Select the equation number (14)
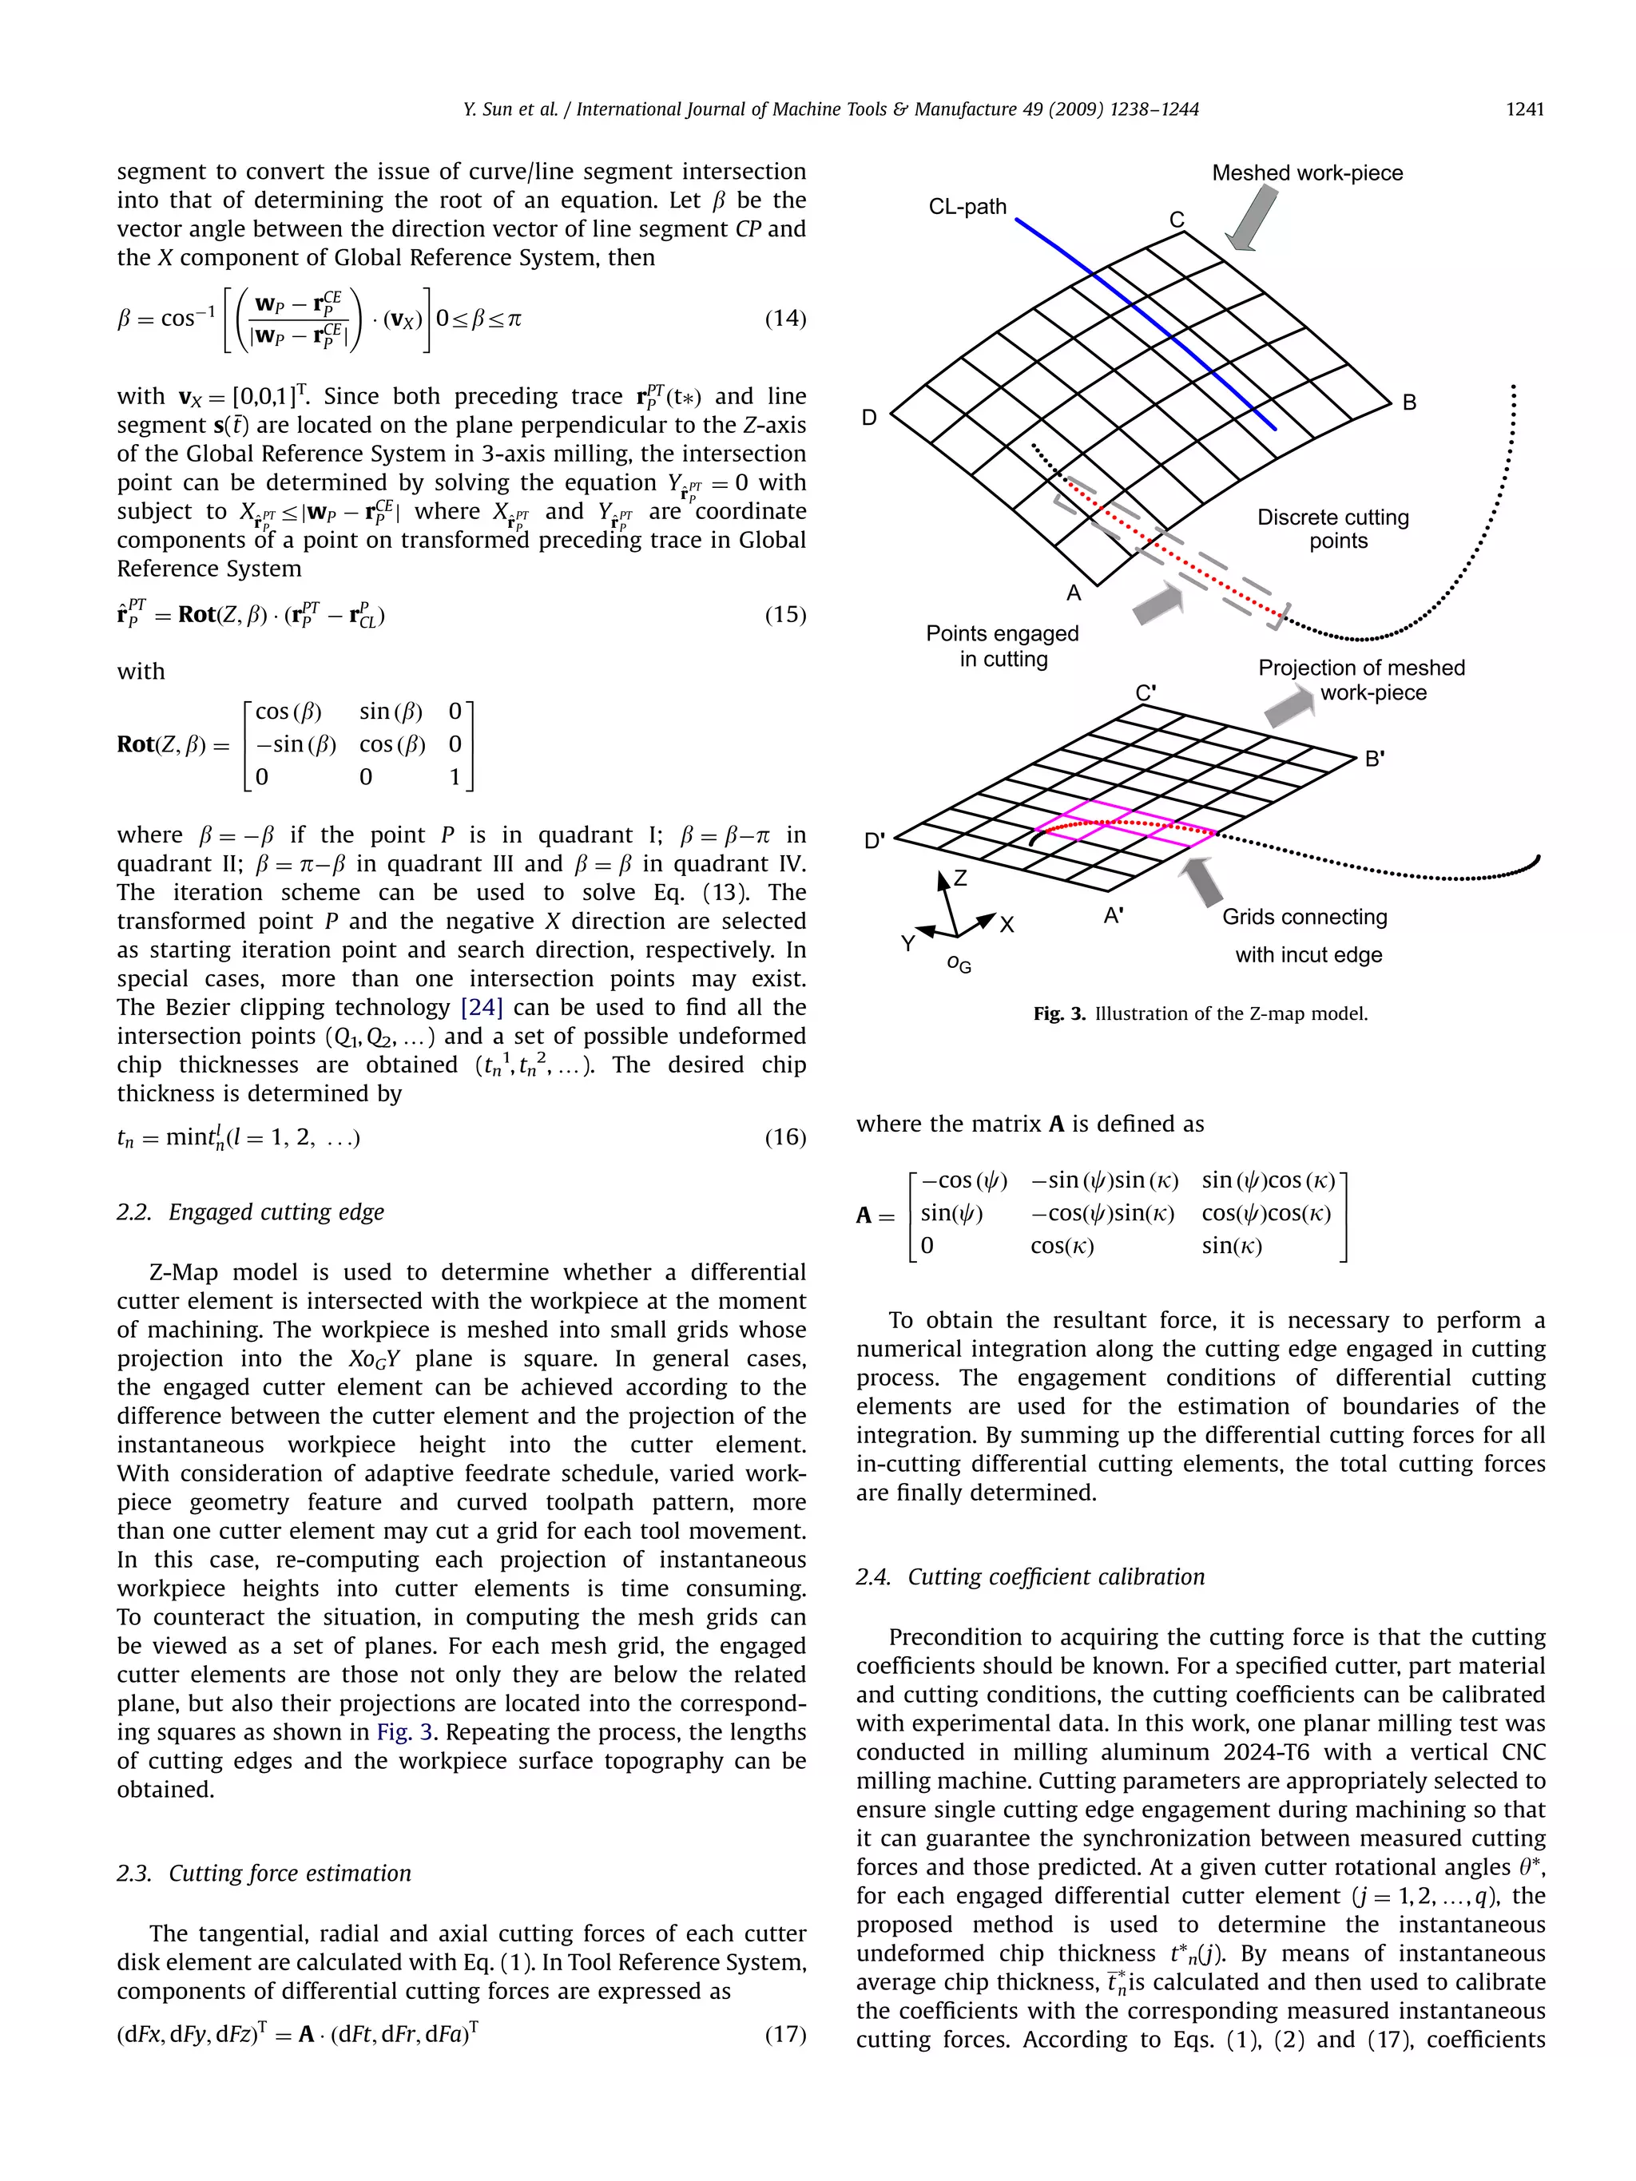click(x=785, y=319)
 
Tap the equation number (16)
click(x=785, y=1137)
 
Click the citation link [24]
click(x=481, y=1008)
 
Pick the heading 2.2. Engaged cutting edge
click(x=251, y=1211)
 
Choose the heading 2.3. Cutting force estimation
click(x=264, y=1874)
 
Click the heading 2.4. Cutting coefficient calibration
click(x=1030, y=1576)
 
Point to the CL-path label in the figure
click(x=967, y=207)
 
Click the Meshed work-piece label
click(x=1307, y=172)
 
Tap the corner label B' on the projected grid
click(x=1375, y=759)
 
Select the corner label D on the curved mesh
click(x=869, y=418)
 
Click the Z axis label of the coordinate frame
click(x=960, y=878)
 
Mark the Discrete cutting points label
click(x=1332, y=529)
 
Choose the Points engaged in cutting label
click(x=1002, y=646)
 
